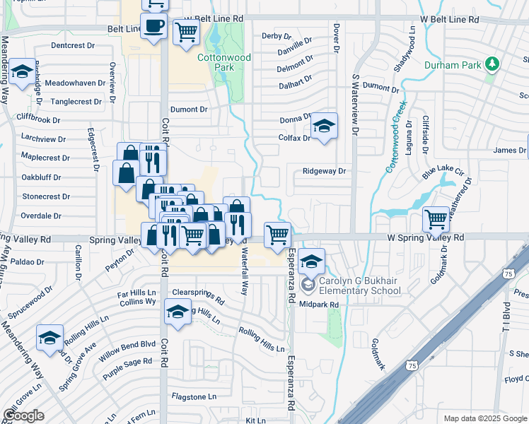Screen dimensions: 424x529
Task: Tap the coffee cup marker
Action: tap(153, 28)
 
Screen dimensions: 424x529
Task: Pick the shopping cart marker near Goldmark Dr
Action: tap(436, 219)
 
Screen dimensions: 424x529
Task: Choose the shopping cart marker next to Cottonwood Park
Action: tap(186, 33)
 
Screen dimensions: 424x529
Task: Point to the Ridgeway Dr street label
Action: tap(324, 171)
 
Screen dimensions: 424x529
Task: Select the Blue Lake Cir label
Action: tap(443, 172)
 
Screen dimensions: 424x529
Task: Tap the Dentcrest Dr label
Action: tap(73, 45)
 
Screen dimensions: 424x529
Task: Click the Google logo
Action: tap(23, 416)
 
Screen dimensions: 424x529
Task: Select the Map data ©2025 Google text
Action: tap(484, 418)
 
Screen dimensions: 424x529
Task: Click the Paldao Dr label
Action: tap(28, 261)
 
